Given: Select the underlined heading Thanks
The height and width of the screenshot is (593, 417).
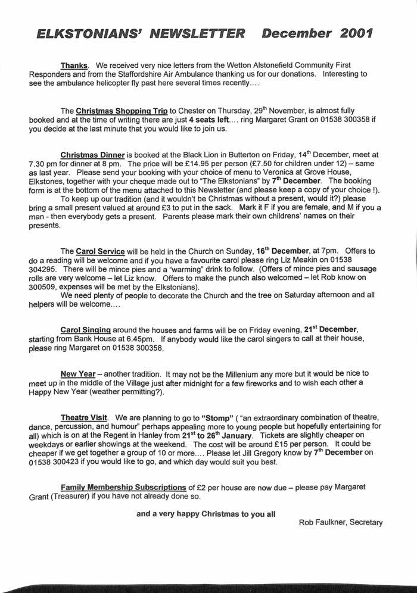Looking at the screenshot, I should coord(74,65).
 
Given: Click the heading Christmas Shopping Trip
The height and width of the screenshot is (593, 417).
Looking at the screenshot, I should coord(122,110).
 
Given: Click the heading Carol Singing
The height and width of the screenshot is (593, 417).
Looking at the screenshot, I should coord(87,329).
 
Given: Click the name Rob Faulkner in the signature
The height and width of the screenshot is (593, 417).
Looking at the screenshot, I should coord(322,523).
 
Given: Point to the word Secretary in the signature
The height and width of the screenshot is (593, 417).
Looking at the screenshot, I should coord(365,523).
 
